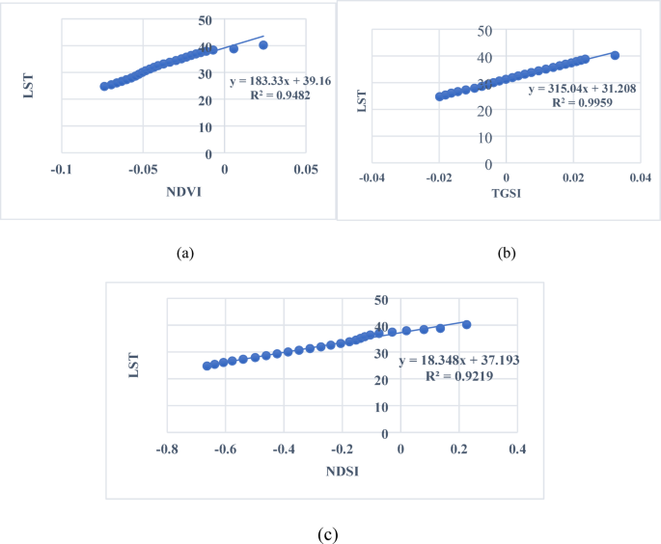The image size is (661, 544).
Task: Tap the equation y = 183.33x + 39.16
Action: pyautogui.click(x=281, y=81)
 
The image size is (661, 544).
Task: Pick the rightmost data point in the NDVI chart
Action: pyautogui.click(x=263, y=45)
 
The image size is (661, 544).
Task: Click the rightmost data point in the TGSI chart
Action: pyautogui.click(x=615, y=55)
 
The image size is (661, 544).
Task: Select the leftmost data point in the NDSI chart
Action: pyautogui.click(x=207, y=366)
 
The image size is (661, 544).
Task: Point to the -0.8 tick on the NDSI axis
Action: pyautogui.click(x=168, y=449)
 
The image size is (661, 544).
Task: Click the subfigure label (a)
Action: pyautogui.click(x=186, y=254)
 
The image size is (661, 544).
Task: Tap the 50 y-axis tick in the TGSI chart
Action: pyautogui.click(x=486, y=30)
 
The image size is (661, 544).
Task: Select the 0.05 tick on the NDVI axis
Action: pyautogui.click(x=306, y=171)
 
